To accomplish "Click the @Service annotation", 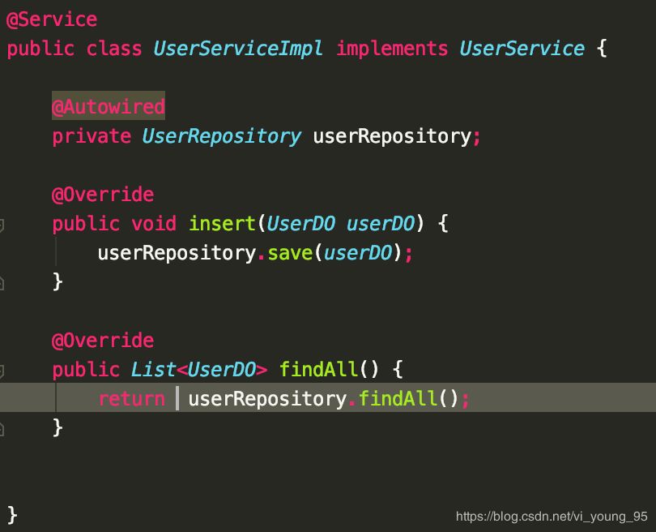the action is (x=52, y=19).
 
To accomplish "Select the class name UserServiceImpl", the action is (x=238, y=49).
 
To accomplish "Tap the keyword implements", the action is (x=392, y=49).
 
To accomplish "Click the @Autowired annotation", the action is (x=109, y=107).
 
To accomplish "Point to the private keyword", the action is (x=92, y=136).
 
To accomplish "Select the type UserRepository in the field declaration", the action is (x=221, y=136).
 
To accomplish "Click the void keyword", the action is (x=153, y=224).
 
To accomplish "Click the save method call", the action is (x=289, y=253).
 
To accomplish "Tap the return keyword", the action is (x=131, y=399).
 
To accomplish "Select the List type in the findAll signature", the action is (x=153, y=370).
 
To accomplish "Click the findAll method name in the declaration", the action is (x=318, y=370).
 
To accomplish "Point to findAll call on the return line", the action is (x=398, y=399).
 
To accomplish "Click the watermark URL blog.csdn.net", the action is (x=552, y=516).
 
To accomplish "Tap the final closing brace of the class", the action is (x=12, y=513).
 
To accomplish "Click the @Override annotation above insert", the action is (x=103, y=195).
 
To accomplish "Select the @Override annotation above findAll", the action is (x=103, y=341).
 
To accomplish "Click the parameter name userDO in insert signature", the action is (x=380, y=224).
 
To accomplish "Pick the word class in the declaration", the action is (x=114, y=49).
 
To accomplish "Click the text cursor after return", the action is (x=177, y=399).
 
